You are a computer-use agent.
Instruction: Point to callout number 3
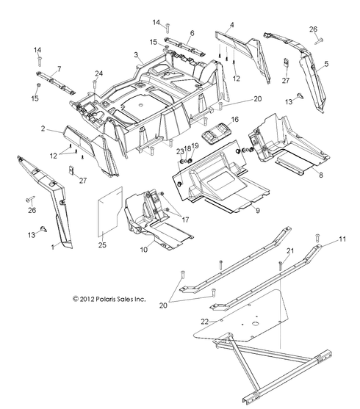click(137, 55)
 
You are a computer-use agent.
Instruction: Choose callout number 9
click(237, 211)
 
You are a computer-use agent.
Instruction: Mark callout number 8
click(320, 175)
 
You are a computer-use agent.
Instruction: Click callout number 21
click(289, 252)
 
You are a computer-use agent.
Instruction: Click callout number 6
click(192, 33)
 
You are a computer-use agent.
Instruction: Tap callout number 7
click(60, 69)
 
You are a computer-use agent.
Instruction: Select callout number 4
click(232, 26)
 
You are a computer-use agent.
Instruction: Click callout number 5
click(326, 64)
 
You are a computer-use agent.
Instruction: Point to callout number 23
click(179, 151)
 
